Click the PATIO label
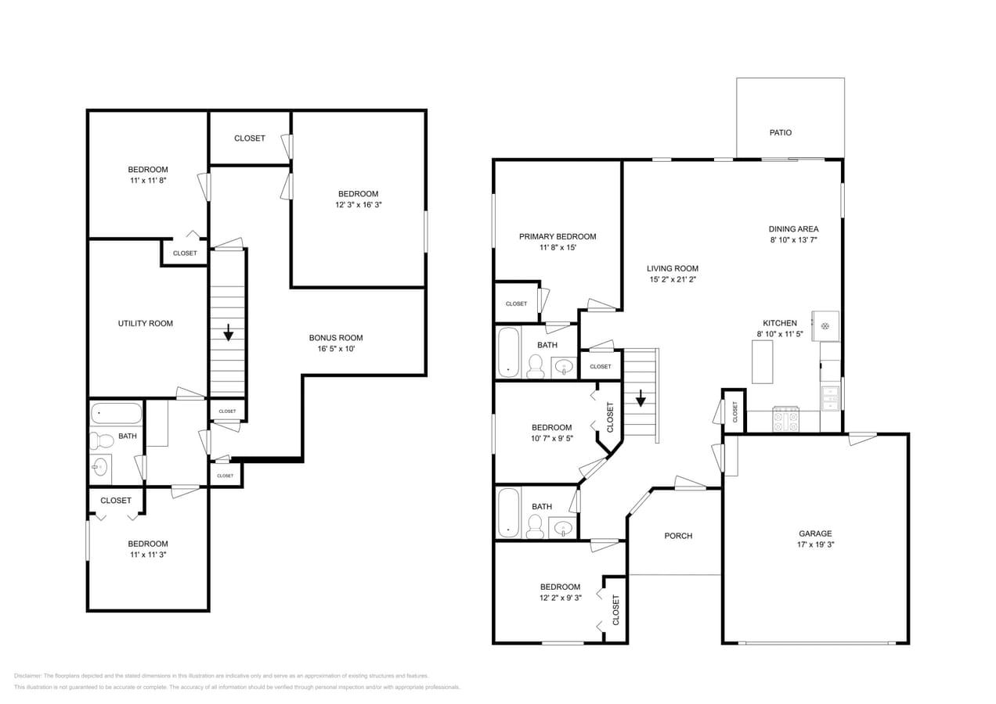pyautogui.click(x=780, y=133)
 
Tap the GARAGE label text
pyautogui.click(x=815, y=533)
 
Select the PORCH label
pyautogui.click(x=678, y=536)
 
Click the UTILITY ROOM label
pyautogui.click(x=146, y=323)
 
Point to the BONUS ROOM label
pyautogui.click(x=336, y=338)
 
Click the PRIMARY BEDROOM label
pyautogui.click(x=558, y=236)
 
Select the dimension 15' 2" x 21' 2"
pyautogui.click(x=672, y=279)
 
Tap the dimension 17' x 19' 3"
pyautogui.click(x=815, y=544)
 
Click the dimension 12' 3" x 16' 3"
pyautogui.click(x=358, y=205)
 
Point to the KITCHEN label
pyautogui.click(x=780, y=323)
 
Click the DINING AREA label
pyautogui.click(x=793, y=229)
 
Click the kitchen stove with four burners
pyautogui.click(x=785, y=421)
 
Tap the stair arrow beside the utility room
pyautogui.click(x=228, y=333)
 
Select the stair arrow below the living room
pyautogui.click(x=641, y=399)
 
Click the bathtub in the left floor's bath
pyautogui.click(x=117, y=413)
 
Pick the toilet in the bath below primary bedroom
pyautogui.click(x=536, y=366)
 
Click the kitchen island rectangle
pyautogui.click(x=762, y=361)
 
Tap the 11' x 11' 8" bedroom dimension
pyautogui.click(x=148, y=180)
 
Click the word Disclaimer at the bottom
pyautogui.click(x=27, y=676)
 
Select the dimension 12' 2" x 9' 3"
pyautogui.click(x=560, y=598)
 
